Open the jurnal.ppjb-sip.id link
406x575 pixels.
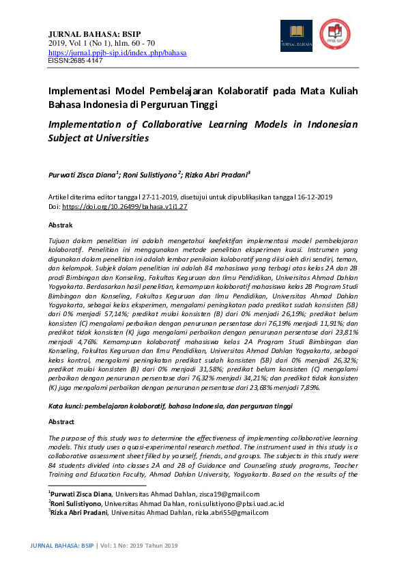(x=117, y=53)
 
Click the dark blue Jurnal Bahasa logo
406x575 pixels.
(x=296, y=36)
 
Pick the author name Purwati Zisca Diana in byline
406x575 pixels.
(x=82, y=174)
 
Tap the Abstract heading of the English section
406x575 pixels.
(x=61, y=422)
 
